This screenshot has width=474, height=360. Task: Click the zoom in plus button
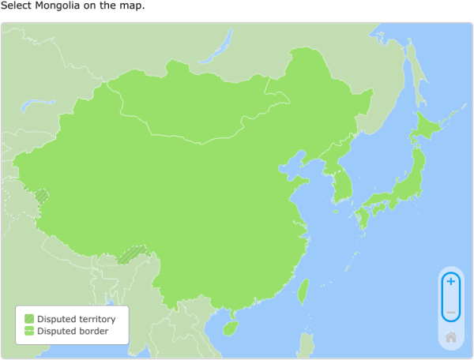click(450, 282)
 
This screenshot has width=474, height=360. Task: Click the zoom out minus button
click(450, 313)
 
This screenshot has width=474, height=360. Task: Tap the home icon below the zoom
click(450, 337)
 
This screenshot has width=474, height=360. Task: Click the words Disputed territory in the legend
click(76, 319)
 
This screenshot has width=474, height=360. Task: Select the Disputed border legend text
click(73, 331)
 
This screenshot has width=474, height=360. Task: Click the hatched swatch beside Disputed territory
click(29, 319)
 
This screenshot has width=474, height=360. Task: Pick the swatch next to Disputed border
click(29, 331)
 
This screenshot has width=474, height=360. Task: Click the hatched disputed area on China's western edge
click(40, 194)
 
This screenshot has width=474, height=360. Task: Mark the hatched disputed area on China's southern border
click(132, 254)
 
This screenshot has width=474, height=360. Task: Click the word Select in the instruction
click(15, 6)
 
